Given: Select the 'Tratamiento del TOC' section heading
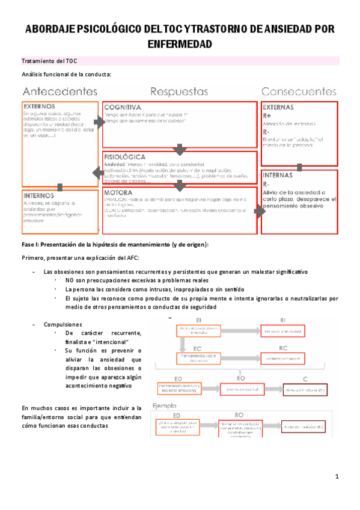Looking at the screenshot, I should tap(49, 61).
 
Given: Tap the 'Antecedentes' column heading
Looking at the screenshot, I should tap(60, 92).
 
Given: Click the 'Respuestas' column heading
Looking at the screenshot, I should tap(179, 92).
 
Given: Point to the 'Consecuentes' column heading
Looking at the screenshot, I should tap(299, 92).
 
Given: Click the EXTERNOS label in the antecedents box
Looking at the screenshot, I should tap(40, 105).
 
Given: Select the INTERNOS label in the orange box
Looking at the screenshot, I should tap(40, 195).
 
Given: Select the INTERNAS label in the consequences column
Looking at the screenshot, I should tap(278, 176).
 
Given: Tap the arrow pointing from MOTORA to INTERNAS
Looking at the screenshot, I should tap(259, 211).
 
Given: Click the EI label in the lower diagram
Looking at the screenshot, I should tap(199, 319).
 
